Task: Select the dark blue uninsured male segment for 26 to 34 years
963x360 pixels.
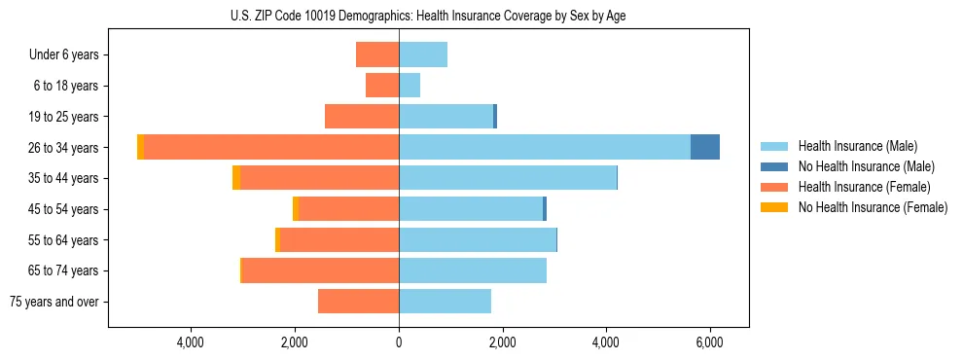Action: pos(704,147)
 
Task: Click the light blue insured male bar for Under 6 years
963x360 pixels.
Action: pos(423,54)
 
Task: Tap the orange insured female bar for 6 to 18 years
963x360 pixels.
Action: pos(382,86)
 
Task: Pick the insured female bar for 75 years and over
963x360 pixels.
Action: pos(358,302)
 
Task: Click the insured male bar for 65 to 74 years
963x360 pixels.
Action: pos(473,270)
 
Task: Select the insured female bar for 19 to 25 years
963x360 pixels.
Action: pos(362,117)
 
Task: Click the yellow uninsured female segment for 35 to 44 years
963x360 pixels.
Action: pos(236,178)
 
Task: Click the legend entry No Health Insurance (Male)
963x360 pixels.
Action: pos(866,166)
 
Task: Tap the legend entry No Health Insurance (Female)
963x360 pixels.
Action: pos(873,207)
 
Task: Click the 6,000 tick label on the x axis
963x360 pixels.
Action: pos(709,342)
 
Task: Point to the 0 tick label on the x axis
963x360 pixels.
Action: pos(399,342)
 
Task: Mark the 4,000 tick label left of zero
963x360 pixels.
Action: pos(191,342)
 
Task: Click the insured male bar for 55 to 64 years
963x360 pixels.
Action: pos(478,239)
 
